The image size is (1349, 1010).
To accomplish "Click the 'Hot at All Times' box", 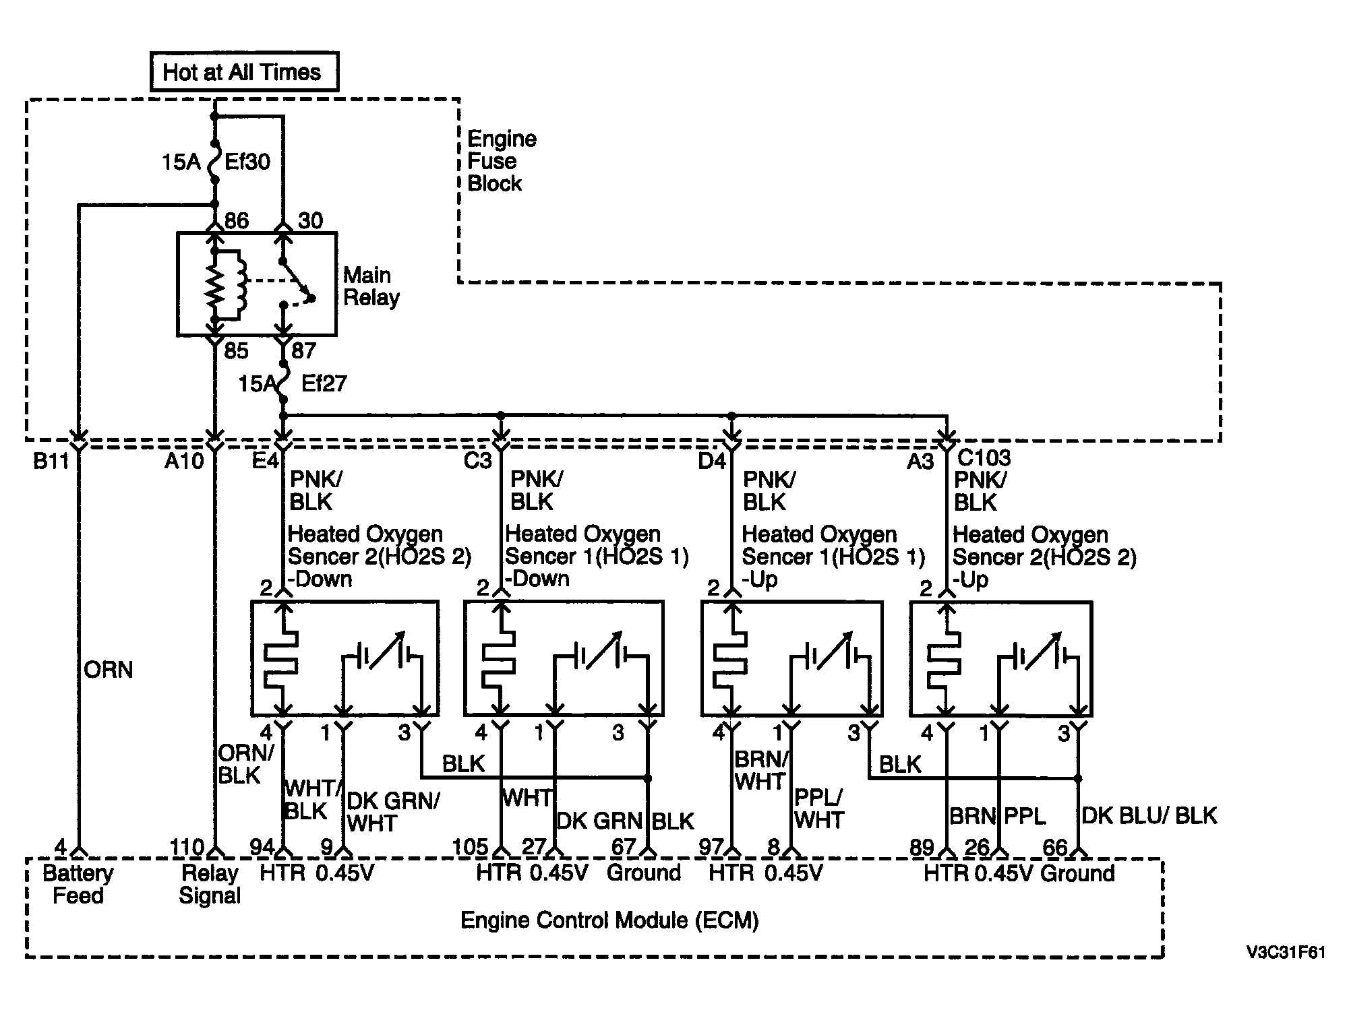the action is (244, 71).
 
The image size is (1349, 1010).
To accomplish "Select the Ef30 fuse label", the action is (247, 162).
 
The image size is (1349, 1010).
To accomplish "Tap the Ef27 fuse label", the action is (324, 383).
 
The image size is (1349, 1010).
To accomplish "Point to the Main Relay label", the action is (371, 286).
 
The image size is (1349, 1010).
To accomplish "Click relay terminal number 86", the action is (236, 221).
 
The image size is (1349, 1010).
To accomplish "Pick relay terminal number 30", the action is (310, 221).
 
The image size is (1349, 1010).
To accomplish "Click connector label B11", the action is (52, 462).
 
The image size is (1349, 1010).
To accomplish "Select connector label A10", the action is (184, 462).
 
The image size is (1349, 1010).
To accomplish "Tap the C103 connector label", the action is (984, 458).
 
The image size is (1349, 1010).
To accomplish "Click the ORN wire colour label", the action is (109, 670).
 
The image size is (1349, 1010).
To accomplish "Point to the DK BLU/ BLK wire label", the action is (1149, 816).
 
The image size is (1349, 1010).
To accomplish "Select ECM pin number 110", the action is (186, 847).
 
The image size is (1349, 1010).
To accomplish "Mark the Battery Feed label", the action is (78, 885).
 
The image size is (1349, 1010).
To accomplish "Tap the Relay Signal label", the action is (210, 885).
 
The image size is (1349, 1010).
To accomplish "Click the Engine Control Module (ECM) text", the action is (609, 920).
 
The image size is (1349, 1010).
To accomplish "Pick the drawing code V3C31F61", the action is (1285, 953).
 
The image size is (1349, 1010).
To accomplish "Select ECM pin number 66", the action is (1055, 847).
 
